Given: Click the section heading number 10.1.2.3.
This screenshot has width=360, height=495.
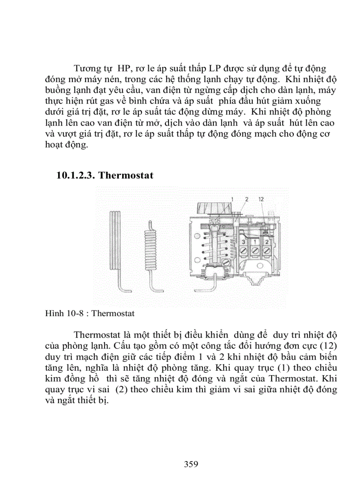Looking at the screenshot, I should (x=75, y=176).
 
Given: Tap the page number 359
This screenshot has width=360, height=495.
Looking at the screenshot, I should (x=191, y=464).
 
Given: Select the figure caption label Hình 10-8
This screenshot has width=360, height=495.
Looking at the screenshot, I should (x=60, y=314).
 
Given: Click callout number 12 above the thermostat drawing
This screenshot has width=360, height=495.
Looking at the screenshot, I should (x=261, y=199).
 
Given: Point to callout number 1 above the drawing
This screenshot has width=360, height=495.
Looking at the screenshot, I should (x=232, y=199).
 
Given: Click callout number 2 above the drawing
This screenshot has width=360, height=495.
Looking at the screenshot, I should (x=247, y=199).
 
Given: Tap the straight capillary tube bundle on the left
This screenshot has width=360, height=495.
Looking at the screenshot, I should (x=115, y=242).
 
